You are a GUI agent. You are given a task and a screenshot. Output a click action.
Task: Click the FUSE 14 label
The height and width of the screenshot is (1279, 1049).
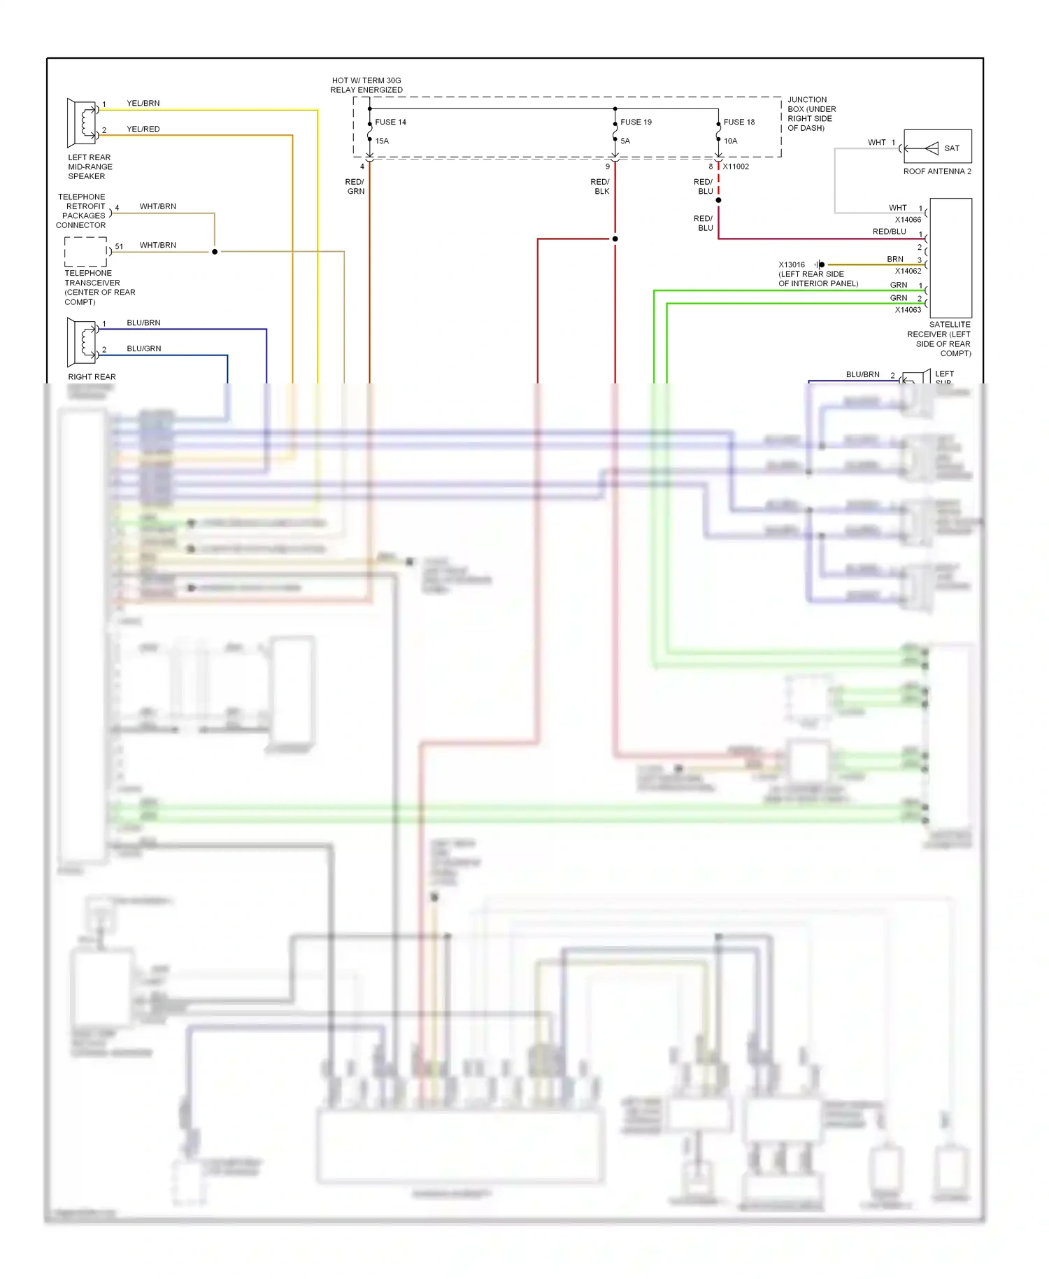[390, 122]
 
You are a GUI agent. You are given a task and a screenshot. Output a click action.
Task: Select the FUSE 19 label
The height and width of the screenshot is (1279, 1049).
[636, 122]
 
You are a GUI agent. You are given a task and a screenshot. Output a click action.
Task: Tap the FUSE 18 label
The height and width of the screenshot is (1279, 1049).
[739, 122]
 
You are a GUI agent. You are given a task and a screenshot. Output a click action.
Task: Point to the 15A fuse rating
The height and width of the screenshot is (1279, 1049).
[382, 141]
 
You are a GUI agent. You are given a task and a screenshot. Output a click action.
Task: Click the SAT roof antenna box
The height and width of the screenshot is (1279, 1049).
[937, 147]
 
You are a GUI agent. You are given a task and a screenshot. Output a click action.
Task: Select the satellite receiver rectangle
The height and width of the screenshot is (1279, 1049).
[950, 257]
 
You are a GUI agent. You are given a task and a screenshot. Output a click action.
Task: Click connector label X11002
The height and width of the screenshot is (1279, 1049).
[736, 167]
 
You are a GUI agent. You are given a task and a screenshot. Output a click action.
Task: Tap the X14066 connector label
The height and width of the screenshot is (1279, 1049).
[908, 220]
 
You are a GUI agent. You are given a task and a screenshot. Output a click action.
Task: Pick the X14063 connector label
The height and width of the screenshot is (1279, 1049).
[908, 310]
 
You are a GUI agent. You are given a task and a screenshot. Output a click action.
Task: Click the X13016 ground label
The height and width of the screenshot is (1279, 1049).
[792, 264]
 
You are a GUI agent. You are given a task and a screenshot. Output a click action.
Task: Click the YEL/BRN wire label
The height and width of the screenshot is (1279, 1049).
[143, 103]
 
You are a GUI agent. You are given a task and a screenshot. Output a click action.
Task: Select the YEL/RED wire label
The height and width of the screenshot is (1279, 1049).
[143, 129]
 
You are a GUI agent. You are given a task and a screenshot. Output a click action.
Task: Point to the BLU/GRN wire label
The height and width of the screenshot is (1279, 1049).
[144, 348]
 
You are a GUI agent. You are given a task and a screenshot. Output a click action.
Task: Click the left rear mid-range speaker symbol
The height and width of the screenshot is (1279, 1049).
[82, 122]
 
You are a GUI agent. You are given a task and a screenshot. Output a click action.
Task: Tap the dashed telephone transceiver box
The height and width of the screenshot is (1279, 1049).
[86, 251]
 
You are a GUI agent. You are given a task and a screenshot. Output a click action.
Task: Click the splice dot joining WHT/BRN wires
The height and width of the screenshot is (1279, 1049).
[215, 251]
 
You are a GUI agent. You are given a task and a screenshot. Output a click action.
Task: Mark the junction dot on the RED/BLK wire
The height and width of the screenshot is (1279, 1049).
[615, 239]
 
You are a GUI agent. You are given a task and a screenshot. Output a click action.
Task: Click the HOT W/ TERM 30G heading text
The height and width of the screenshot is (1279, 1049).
[366, 85]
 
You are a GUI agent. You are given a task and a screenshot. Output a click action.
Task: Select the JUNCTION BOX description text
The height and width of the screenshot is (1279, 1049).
[811, 113]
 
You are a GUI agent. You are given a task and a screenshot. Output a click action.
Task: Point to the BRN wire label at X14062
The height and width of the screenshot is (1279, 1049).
[895, 259]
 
